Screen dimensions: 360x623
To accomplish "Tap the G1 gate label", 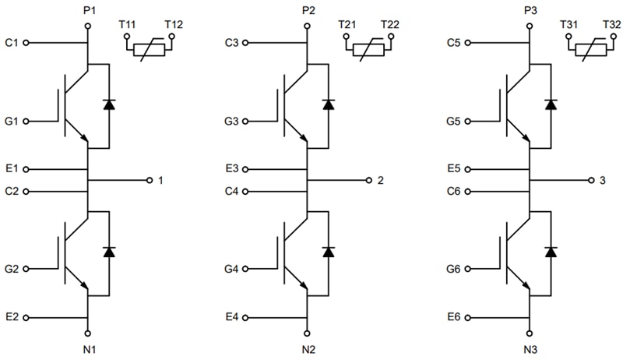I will tap(11, 122).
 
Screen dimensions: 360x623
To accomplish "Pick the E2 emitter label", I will tap(11, 318).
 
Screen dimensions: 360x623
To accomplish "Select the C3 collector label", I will tap(231, 43).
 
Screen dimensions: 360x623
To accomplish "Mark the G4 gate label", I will tap(231, 270).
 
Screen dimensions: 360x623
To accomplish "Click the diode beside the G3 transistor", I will tap(328, 104).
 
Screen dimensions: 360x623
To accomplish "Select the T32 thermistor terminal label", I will tap(611, 25).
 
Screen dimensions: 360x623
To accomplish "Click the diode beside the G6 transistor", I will tap(551, 252).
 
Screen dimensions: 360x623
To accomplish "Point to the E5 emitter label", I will tap(455, 168).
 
